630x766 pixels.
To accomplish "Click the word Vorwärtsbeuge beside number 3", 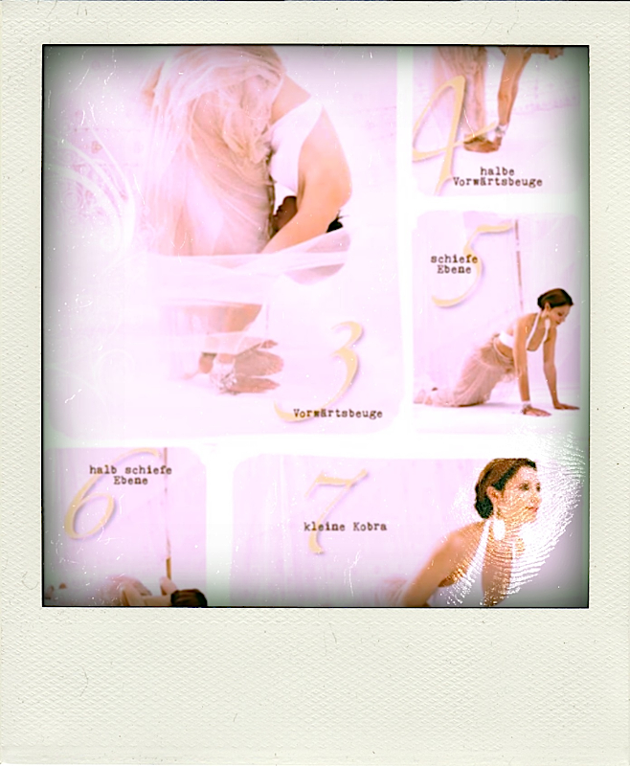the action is coord(337,414).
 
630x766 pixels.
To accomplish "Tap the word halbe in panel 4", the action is coord(497,171).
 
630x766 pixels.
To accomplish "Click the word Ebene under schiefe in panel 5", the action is coord(454,270).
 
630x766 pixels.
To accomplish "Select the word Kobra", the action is coord(370,527).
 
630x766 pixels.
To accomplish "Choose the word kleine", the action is coord(325,527).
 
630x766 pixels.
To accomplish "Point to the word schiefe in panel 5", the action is coord(454,259).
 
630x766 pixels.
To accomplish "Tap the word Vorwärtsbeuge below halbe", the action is coord(497,182).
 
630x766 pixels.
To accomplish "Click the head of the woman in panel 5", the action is coord(554,305).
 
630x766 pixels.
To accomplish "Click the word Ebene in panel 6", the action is coord(130,481).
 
